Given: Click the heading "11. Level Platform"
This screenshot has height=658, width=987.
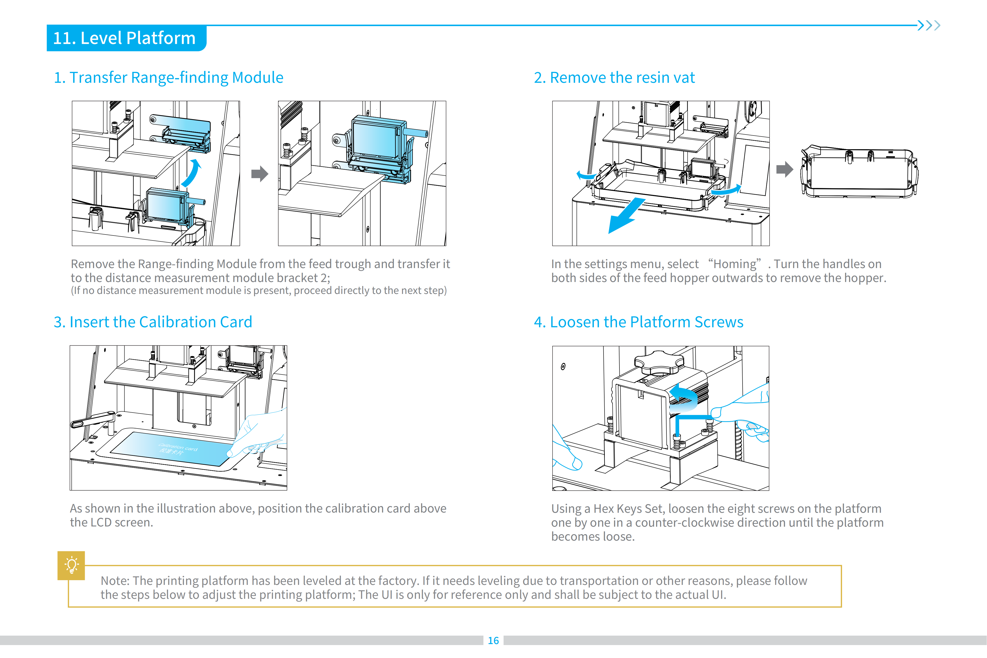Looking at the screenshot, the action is pos(124,38).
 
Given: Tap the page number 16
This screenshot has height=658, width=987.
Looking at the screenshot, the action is pos(493,640).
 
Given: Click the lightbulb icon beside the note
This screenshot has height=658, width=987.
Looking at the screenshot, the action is pos(71,565).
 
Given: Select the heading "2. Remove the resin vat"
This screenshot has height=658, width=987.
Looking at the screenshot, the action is pos(614,78).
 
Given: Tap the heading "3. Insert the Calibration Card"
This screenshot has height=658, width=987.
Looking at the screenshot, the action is pos(153,322).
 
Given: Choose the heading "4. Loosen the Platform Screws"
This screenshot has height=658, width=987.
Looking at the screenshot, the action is pos(638,322).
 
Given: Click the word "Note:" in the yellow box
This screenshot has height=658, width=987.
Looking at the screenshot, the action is pos(115,581).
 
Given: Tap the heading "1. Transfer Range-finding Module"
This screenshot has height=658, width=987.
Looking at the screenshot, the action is pos(169,78).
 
